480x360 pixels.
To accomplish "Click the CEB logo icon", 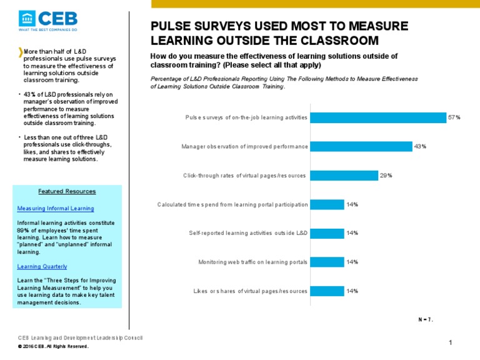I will tap(27, 19).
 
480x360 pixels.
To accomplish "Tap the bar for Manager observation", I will tap(361, 146).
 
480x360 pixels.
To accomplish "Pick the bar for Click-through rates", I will tap(344, 175).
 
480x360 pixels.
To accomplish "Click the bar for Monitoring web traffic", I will tap(327, 262).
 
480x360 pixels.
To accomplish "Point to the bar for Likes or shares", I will tap(327, 291).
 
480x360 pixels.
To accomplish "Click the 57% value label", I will tap(454, 117).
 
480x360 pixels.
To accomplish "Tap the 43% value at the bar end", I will tap(420, 146).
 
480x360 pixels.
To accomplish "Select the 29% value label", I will tap(386, 175).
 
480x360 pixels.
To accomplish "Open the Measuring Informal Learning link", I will tap(56, 208).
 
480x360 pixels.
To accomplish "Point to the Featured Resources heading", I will tap(67, 191).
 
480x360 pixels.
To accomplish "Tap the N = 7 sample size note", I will tap(426, 319).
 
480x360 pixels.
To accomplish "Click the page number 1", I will tap(450, 342).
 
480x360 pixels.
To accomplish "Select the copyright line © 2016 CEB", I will tap(53, 346).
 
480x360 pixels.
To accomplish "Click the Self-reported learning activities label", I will tap(248, 233).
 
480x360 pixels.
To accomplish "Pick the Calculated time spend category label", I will tap(232, 204).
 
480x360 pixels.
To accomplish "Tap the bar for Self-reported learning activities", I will tap(327, 233).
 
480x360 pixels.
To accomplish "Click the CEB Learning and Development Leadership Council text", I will tap(81, 338).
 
